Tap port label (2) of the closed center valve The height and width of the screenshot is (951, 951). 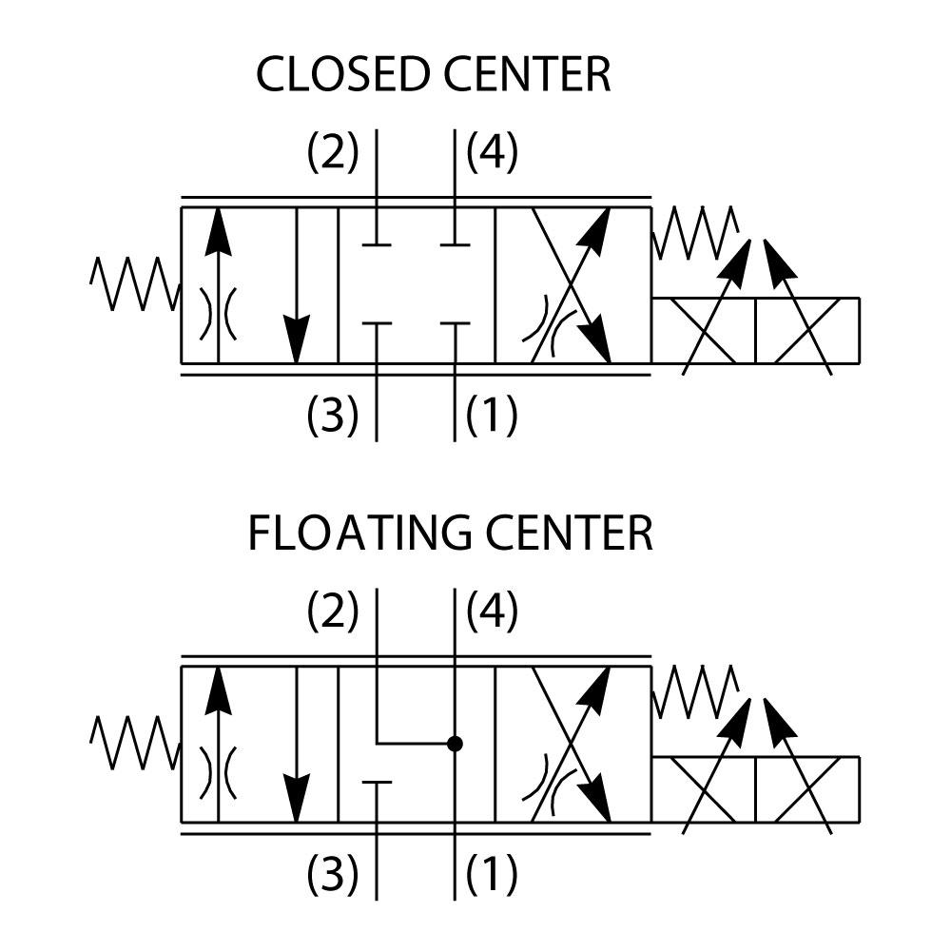[333, 152]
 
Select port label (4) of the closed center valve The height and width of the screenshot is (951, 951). [492, 152]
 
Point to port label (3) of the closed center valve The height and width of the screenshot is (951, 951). [333, 414]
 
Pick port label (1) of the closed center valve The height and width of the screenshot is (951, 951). [492, 414]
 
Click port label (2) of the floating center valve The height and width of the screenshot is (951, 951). [333, 611]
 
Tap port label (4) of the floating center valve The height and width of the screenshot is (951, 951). [492, 611]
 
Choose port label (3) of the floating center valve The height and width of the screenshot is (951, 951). [333, 873]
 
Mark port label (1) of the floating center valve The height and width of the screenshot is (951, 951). [492, 873]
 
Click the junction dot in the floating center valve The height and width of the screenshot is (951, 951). [456, 743]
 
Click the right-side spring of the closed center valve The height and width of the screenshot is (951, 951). [695, 232]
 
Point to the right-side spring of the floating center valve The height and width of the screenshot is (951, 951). [695, 691]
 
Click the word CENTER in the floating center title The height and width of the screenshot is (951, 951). [570, 534]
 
